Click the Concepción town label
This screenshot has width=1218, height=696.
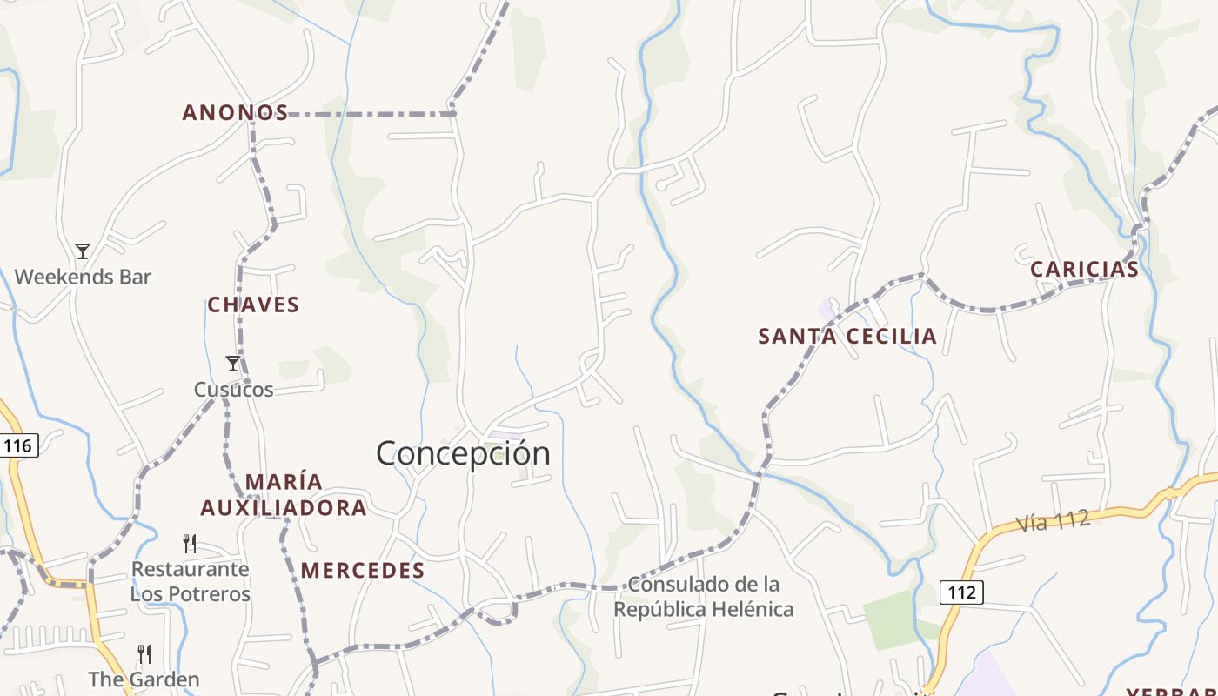(463, 453)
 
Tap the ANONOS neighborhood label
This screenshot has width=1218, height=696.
(235, 113)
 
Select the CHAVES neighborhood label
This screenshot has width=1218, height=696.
(253, 305)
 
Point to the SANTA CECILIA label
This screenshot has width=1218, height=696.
(847, 337)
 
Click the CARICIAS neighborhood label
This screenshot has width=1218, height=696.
(1084, 270)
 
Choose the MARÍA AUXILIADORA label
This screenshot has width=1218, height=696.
(284, 495)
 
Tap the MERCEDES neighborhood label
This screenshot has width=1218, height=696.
(363, 571)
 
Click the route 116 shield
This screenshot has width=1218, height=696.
(17, 446)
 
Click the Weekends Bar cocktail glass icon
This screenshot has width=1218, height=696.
(83, 251)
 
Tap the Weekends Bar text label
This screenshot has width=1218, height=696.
(83, 278)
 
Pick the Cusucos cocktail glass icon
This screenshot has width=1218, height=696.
(232, 364)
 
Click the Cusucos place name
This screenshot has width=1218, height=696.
(233, 390)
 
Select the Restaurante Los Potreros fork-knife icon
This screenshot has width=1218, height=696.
(190, 544)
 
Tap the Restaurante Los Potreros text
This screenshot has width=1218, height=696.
(190, 581)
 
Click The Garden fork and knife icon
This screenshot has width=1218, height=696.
(144, 653)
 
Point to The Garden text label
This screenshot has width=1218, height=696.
(144, 679)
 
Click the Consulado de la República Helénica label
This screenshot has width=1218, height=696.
(704, 596)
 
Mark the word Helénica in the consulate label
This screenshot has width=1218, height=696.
(752, 609)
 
